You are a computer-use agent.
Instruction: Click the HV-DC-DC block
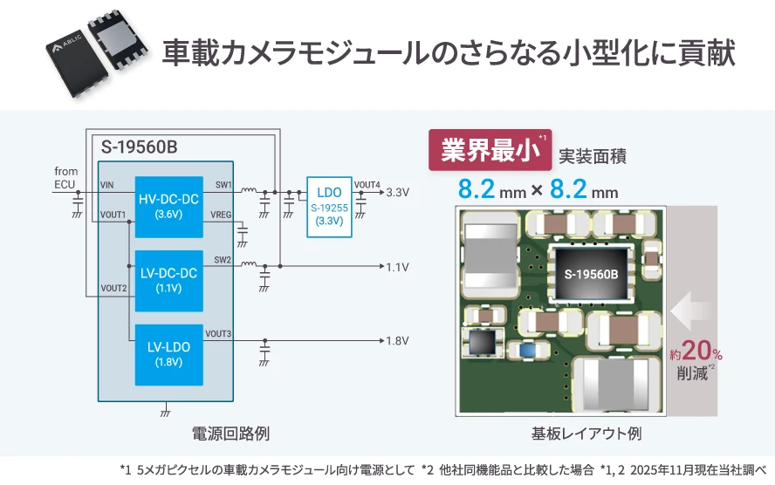click(168, 204)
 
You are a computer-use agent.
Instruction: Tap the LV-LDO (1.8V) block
click(168, 352)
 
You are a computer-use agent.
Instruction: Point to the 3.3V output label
click(397, 192)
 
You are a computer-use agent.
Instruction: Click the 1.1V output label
click(397, 267)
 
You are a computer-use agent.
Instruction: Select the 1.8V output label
click(397, 340)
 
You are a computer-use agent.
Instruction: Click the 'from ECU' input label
click(65, 177)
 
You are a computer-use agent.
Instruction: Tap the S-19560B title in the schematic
click(139, 147)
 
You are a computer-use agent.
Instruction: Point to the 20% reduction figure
click(696, 352)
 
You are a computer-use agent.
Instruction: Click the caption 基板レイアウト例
click(586, 433)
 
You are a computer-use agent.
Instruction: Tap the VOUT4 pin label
click(367, 184)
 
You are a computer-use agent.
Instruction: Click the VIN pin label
click(107, 185)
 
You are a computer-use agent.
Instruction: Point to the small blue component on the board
click(526, 349)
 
